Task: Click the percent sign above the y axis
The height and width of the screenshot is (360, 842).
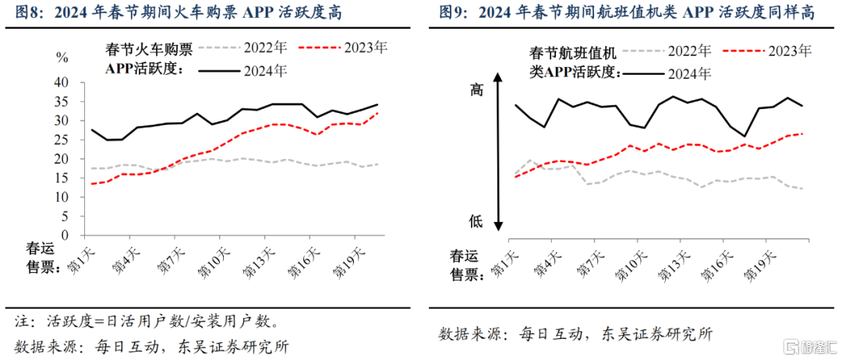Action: (61, 58)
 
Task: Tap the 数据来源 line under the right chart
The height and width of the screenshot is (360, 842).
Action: (575, 334)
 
